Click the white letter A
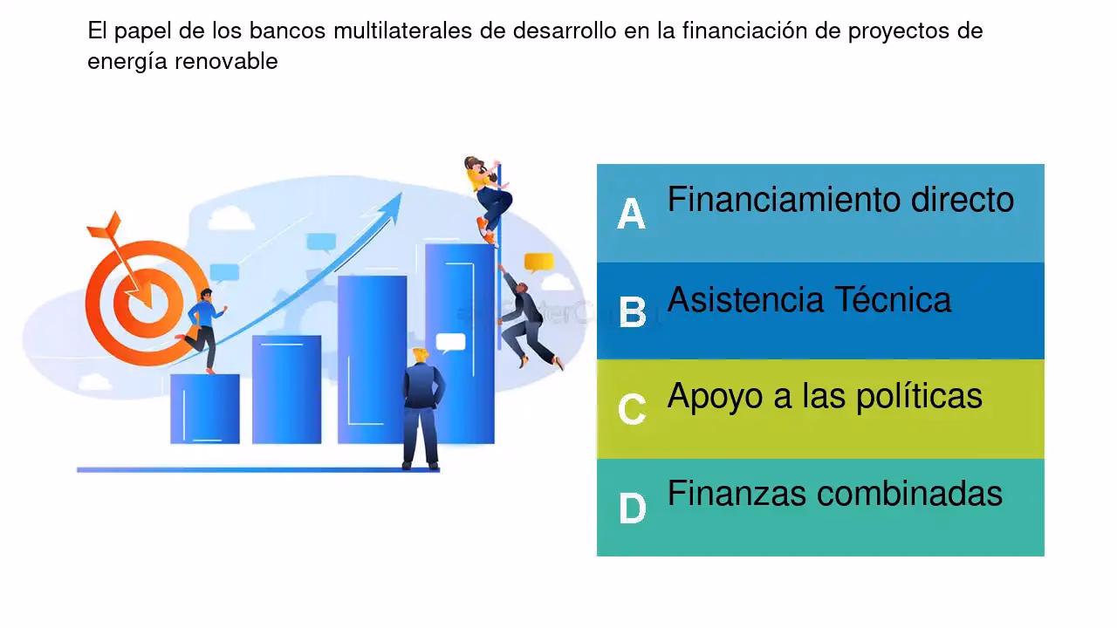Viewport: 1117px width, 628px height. point(631,213)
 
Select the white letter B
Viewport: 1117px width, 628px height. point(632,312)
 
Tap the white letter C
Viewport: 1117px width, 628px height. point(632,409)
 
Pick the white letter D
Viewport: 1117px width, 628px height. point(632,508)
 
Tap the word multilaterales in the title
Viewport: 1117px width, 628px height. point(401,31)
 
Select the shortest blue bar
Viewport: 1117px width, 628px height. point(205,408)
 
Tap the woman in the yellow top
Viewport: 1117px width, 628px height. point(487,196)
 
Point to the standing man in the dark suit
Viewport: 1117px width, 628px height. point(422,408)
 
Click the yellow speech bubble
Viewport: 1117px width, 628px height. point(538,262)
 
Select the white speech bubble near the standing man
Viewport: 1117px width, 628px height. point(450,342)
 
